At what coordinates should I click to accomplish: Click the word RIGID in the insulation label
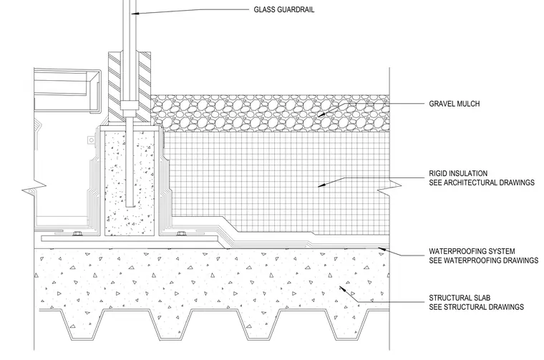pos(438,173)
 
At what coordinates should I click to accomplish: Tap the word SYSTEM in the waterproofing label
pos(502,251)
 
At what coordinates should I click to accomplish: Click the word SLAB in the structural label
pos(482,298)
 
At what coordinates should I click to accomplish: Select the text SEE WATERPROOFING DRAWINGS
pos(484,260)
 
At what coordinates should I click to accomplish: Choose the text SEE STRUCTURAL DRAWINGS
pos(476,307)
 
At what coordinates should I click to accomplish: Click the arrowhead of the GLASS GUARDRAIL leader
pos(135,14)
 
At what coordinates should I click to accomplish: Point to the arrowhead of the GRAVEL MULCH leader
pos(321,115)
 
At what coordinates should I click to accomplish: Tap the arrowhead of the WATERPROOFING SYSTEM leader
pos(382,248)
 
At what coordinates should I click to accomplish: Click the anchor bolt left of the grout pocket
pos(77,234)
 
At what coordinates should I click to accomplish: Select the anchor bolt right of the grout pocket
pos(181,234)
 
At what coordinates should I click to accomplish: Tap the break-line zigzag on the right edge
pos(389,185)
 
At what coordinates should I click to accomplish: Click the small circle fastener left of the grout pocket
pos(91,140)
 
